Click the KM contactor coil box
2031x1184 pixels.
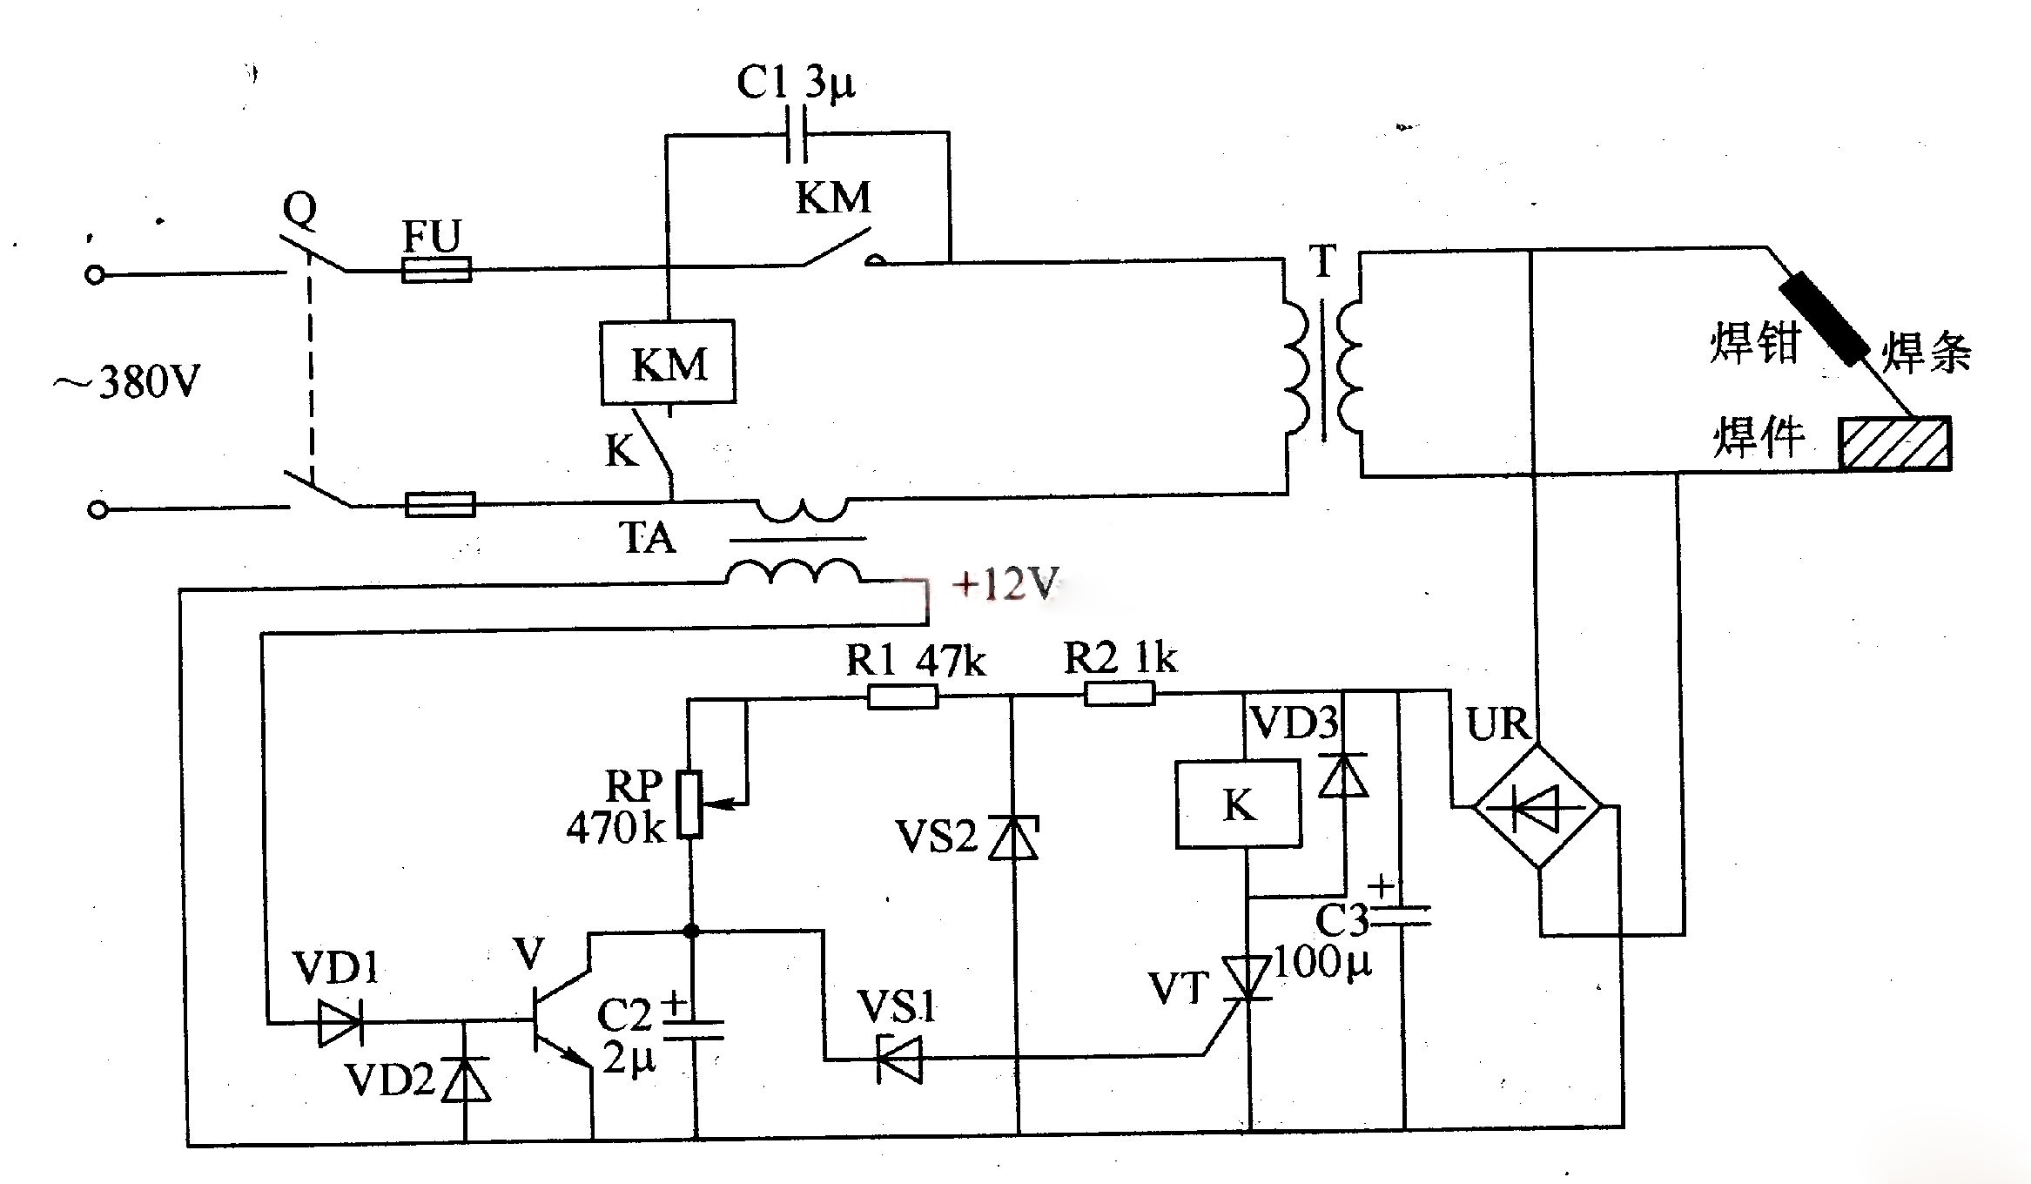point(668,362)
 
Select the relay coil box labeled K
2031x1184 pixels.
point(1238,804)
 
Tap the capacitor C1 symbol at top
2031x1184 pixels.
point(797,134)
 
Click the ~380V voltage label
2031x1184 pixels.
point(128,381)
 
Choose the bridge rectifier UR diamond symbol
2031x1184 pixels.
point(1537,806)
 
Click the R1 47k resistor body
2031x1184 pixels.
point(903,696)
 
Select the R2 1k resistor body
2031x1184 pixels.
point(1119,694)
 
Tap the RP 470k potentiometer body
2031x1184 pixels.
point(689,804)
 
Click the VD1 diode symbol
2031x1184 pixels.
point(340,1022)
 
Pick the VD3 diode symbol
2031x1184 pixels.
point(1343,776)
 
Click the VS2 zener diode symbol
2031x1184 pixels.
point(1013,838)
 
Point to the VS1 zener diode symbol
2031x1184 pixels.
point(898,1059)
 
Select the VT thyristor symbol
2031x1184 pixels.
point(1248,979)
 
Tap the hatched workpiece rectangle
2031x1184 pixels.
point(1894,444)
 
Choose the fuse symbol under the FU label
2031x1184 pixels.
point(437,269)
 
